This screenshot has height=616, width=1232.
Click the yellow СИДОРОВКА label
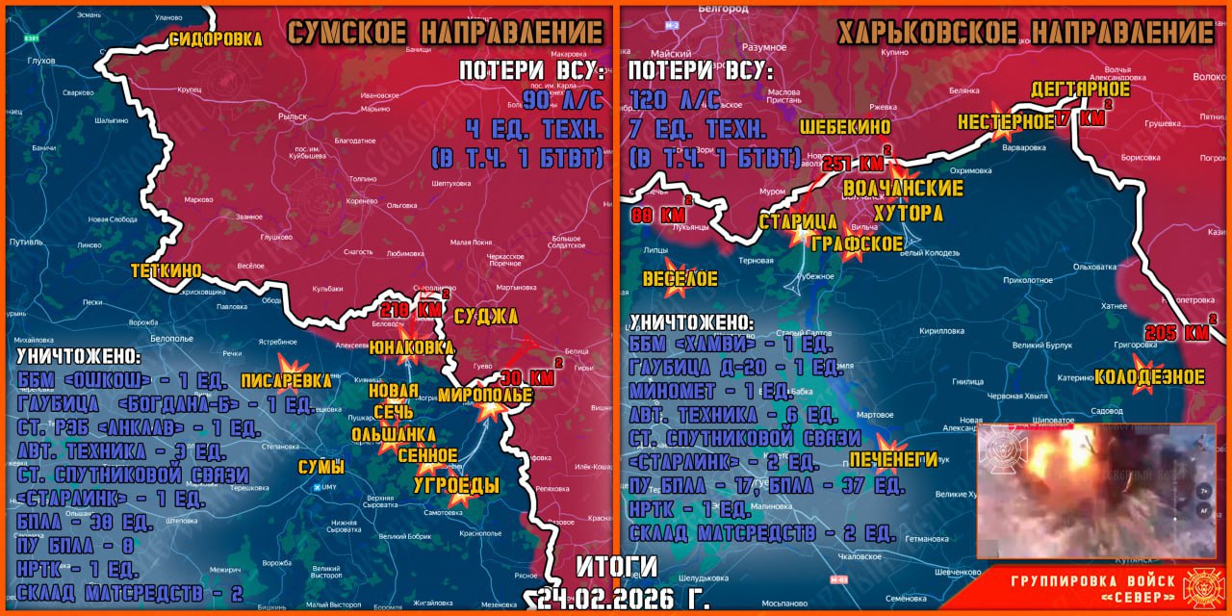point(216,39)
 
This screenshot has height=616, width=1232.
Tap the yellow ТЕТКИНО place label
point(167,271)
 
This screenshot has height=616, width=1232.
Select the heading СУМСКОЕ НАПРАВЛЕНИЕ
point(445,32)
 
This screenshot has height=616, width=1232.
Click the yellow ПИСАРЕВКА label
point(286,380)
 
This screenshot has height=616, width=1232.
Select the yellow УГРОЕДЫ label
point(456,486)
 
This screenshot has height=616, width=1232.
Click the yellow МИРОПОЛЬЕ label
point(485,396)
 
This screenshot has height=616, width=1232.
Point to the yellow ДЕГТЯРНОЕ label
point(1080,90)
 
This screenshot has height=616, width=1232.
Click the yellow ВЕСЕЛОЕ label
point(680,279)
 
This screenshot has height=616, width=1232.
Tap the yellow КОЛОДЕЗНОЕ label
point(1149,376)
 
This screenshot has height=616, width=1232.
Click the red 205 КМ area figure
point(1176,333)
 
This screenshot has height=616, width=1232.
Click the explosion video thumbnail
point(1097,491)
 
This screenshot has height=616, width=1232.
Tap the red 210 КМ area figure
point(411,311)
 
